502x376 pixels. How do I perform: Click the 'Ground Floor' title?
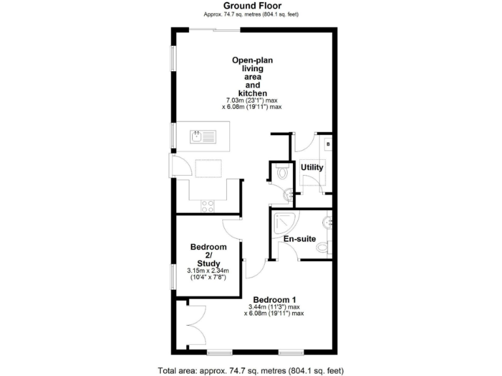[x=252, y=6]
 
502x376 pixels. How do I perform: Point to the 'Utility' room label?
[x=312, y=167]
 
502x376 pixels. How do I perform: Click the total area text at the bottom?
[x=251, y=369]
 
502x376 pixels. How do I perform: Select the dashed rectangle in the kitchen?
[x=209, y=168]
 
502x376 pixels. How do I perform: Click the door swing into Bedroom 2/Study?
[x=232, y=228]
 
